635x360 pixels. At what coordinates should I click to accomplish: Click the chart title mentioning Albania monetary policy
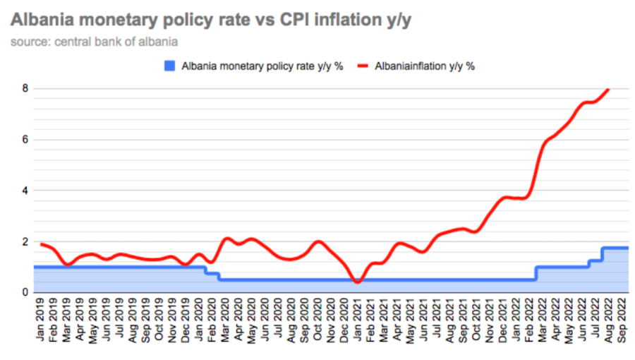(211, 20)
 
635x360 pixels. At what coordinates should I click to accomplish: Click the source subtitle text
(94, 42)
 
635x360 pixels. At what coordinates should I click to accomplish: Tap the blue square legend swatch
(169, 66)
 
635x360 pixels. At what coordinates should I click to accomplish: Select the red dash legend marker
(363, 66)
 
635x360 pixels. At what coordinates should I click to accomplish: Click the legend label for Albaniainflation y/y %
(425, 66)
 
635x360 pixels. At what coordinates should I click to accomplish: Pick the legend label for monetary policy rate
(262, 66)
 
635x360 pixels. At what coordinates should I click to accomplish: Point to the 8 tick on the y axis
(25, 89)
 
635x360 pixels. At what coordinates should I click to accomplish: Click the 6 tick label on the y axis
(25, 140)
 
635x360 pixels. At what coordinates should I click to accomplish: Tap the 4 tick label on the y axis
(25, 191)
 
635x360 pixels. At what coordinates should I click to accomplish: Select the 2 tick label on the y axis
(25, 241)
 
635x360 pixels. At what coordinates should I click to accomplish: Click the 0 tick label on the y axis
(25, 292)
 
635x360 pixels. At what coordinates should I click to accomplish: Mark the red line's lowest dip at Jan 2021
(358, 282)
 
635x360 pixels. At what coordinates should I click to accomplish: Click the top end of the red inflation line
(609, 90)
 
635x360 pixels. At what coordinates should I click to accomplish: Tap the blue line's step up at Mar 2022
(536, 273)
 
